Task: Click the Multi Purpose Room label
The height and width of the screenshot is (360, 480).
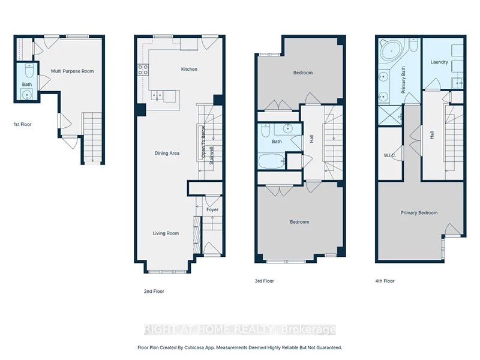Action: (x=72, y=71)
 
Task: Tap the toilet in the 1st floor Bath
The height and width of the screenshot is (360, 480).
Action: (x=29, y=70)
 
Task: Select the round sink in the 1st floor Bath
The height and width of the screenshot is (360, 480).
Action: (x=27, y=94)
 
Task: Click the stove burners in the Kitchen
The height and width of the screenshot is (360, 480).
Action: (x=143, y=70)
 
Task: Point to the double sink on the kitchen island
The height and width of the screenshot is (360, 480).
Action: (x=157, y=96)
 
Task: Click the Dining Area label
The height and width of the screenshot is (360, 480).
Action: (x=167, y=153)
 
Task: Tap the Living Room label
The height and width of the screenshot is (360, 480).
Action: (x=166, y=233)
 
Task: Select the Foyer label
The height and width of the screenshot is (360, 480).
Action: (x=212, y=209)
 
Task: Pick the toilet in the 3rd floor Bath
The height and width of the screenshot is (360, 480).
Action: (x=265, y=130)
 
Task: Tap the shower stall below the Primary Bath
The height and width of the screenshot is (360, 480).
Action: (x=390, y=115)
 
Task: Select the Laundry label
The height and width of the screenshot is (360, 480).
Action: (x=439, y=62)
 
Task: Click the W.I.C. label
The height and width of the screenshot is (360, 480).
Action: (x=389, y=155)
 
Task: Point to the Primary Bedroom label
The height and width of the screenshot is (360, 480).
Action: (x=419, y=213)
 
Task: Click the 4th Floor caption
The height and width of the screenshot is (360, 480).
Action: (x=385, y=281)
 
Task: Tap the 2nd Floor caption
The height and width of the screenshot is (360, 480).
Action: (x=154, y=292)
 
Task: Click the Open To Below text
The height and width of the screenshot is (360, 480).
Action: (x=203, y=142)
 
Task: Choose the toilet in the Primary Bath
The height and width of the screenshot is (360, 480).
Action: (x=413, y=45)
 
